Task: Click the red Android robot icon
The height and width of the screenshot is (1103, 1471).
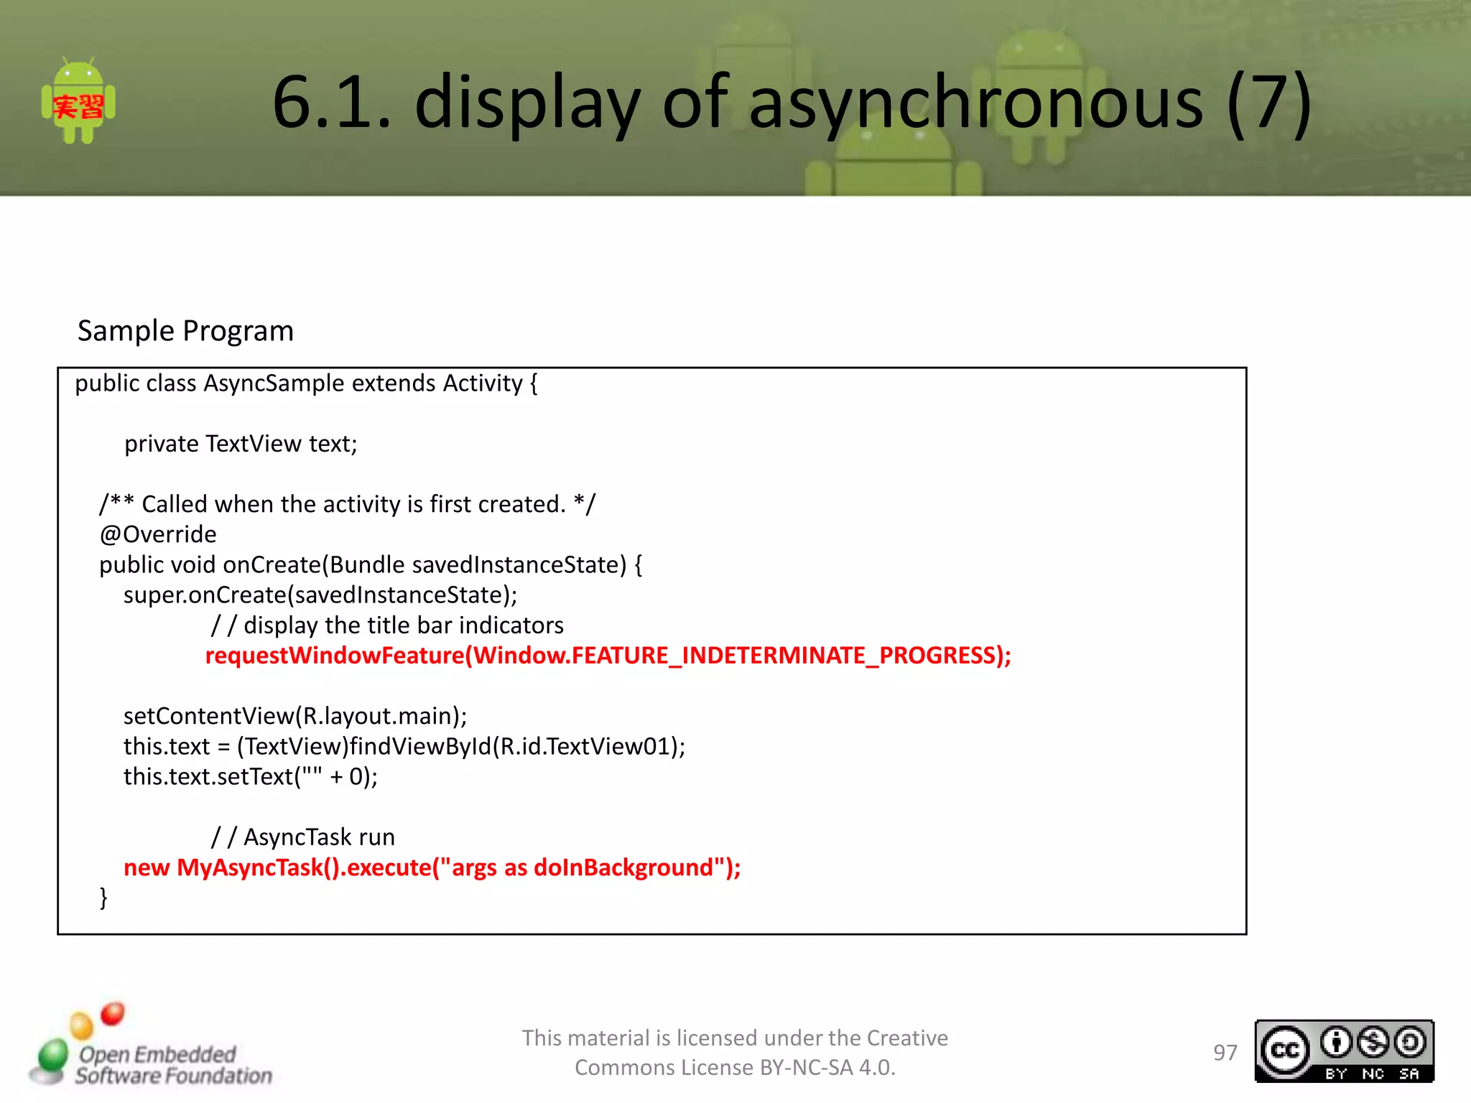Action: pos(78,103)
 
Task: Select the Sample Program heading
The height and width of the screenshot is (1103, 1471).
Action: pos(185,331)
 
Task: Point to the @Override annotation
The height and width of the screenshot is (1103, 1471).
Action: pos(158,534)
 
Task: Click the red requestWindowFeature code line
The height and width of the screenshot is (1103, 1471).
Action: pos(608,656)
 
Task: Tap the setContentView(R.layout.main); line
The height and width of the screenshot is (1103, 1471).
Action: pos(295,716)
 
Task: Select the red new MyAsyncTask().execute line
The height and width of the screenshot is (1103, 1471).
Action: pos(432,867)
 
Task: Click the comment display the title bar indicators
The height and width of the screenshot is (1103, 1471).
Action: pos(388,625)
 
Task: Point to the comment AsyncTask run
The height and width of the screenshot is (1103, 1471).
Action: pos(303,837)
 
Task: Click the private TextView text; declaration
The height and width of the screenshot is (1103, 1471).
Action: pos(241,444)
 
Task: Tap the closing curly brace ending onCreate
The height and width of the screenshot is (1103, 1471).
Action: pos(103,898)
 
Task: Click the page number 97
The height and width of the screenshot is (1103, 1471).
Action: pos(1225,1053)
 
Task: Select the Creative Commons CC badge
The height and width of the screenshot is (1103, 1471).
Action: pos(1344,1051)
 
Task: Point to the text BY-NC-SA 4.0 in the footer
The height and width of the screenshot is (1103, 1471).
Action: pos(827,1068)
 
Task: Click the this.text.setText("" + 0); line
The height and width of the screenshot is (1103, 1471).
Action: pos(250,776)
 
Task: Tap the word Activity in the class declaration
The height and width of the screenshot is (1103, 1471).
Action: pos(483,383)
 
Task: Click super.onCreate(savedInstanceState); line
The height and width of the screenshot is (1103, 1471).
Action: pos(320,595)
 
